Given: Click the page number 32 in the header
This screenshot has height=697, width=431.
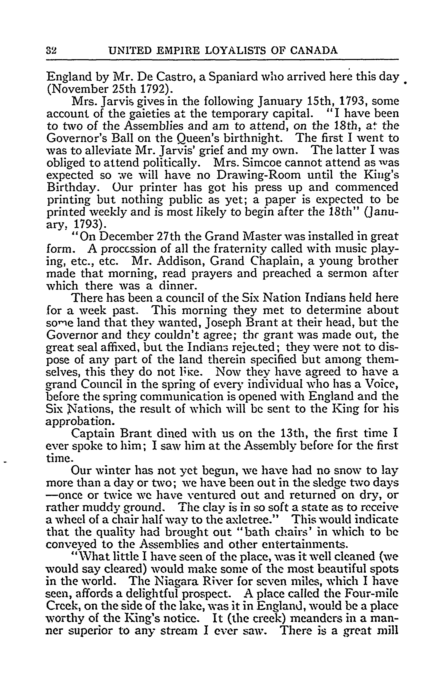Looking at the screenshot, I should (52, 51).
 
